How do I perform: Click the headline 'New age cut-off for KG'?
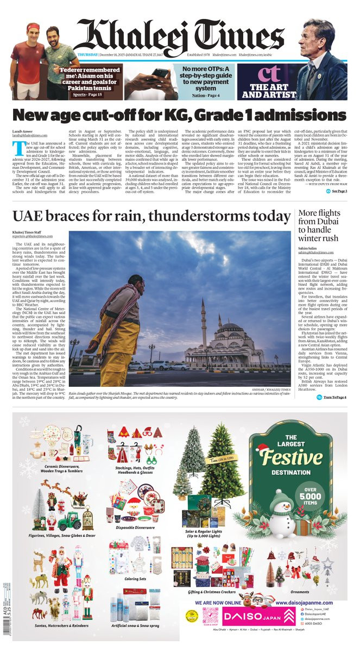click(x=179, y=116)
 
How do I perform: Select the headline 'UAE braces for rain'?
click(x=151, y=216)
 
